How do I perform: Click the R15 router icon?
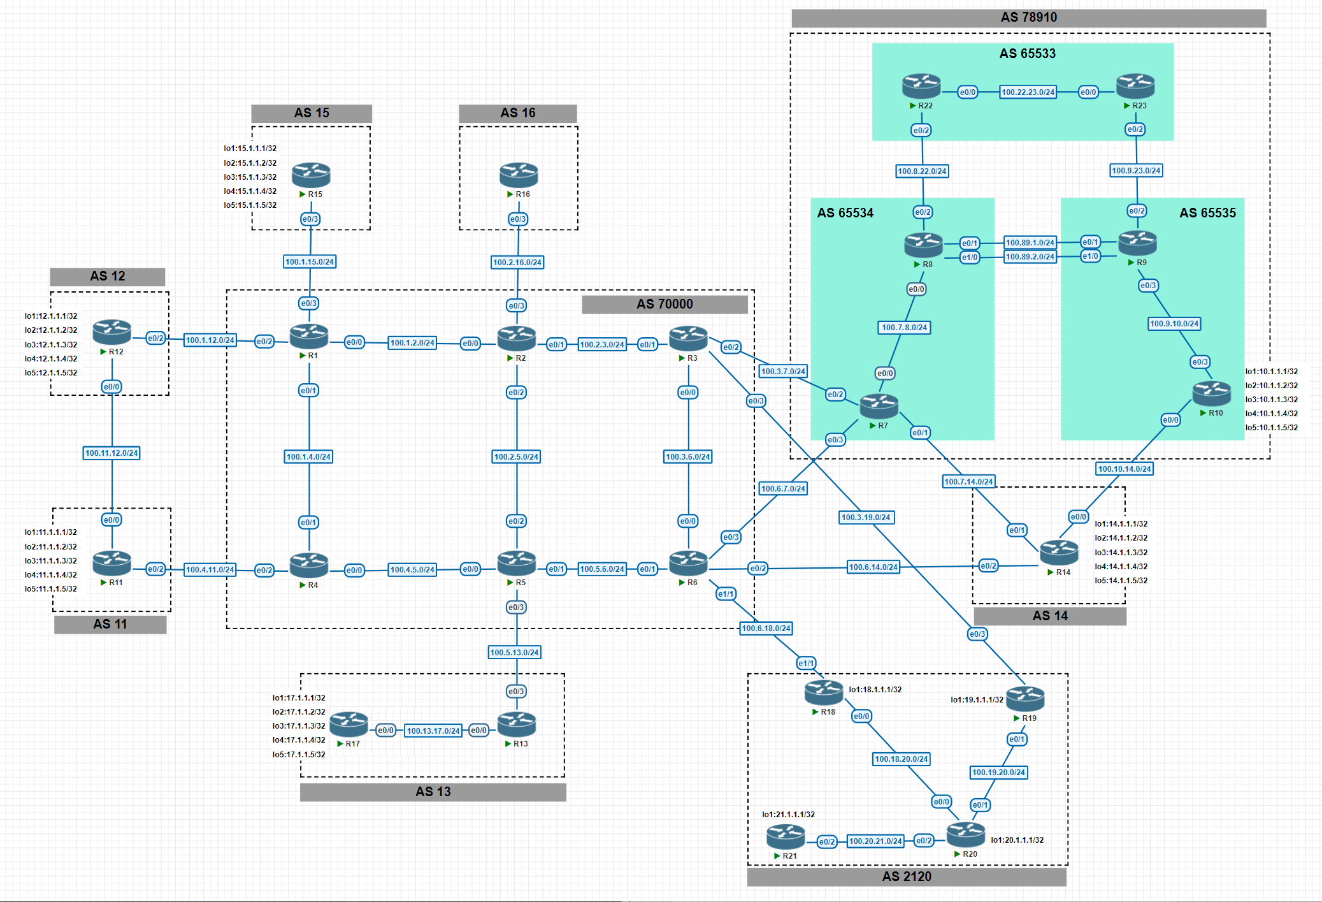[x=311, y=175]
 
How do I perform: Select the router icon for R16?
[x=519, y=175]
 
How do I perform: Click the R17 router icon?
[x=348, y=724]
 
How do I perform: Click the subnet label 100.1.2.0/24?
[x=412, y=343]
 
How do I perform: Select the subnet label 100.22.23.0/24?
[x=1028, y=92]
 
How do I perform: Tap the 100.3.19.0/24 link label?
[x=866, y=518]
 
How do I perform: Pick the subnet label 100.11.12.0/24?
[x=111, y=453]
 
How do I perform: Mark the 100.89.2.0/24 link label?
[x=1030, y=257]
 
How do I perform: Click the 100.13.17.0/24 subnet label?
[x=433, y=731]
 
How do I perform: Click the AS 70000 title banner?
[x=665, y=304]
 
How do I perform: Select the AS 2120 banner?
[x=907, y=877]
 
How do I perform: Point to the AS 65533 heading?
[x=1027, y=54]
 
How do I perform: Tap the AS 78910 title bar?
[x=1028, y=18]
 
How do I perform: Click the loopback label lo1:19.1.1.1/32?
[x=977, y=700]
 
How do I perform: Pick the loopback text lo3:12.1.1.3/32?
[x=51, y=345]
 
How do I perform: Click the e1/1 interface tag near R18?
[x=806, y=664]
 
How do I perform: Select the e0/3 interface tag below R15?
[x=310, y=219]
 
